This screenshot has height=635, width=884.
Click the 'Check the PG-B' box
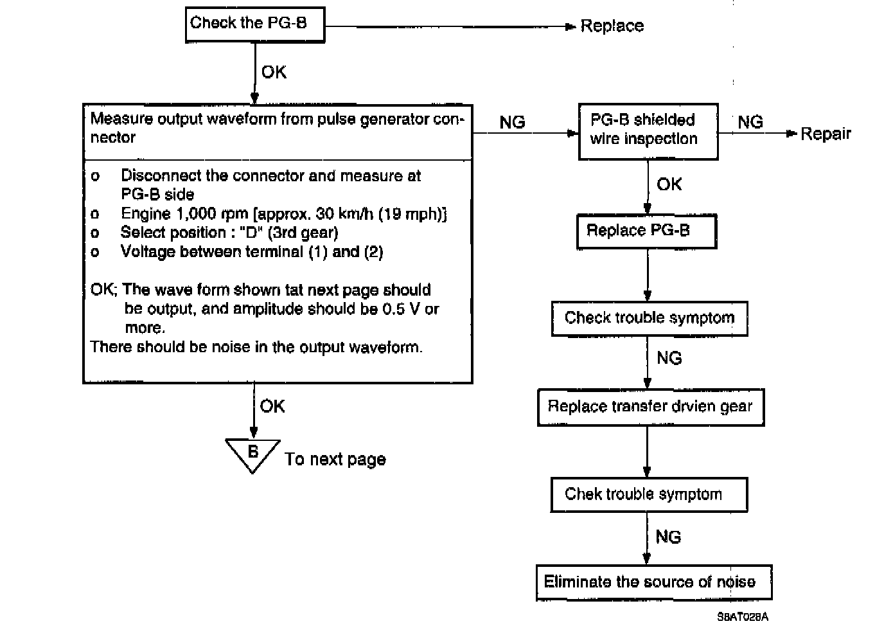255,25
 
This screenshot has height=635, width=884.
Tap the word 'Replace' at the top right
612,26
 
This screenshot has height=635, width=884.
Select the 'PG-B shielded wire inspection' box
648,131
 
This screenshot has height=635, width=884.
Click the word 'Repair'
826,134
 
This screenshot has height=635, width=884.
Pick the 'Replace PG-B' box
646,231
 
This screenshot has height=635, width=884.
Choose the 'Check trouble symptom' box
649,318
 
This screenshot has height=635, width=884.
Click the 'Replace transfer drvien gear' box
650,407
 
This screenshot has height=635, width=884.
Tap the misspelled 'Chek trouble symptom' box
649,494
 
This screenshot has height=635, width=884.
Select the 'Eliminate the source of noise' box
653,582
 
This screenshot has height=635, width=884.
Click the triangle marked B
253,454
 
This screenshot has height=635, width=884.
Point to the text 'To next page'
335,460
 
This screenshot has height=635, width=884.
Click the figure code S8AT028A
743,617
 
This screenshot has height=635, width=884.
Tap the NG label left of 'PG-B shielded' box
512,122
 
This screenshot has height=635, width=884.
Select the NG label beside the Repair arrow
750,122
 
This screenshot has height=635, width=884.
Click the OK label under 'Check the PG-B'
274,72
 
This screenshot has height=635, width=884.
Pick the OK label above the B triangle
272,406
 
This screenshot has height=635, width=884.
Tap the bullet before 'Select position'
96,233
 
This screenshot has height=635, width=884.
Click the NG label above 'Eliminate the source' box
668,537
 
